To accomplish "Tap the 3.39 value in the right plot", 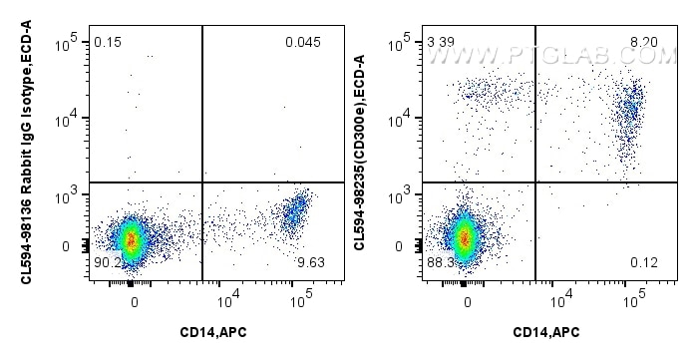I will tap(440, 42).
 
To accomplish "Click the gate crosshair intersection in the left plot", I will tap(202, 182).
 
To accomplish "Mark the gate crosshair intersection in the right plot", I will tap(536, 182).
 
